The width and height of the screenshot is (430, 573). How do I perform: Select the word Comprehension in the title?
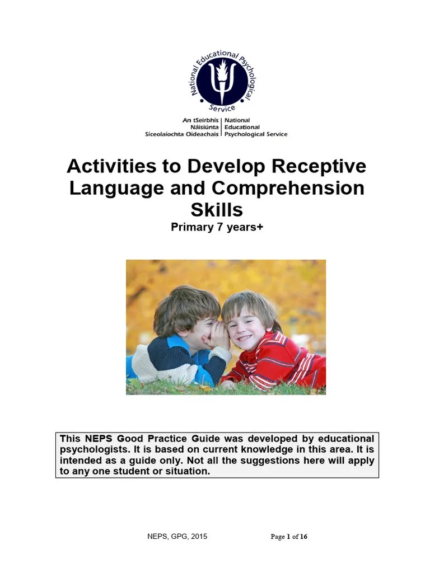288,188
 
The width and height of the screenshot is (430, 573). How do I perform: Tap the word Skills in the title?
217,209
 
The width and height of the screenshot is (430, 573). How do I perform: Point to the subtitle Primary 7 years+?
217,227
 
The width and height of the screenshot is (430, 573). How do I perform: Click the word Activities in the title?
109,166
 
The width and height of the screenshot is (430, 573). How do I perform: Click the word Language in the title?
110,188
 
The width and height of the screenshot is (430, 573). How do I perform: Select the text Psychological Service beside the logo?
256,134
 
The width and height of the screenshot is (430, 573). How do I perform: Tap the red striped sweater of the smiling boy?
280,361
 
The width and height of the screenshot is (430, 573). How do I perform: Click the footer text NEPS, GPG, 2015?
173,537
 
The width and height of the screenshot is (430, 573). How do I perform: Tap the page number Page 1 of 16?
289,537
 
